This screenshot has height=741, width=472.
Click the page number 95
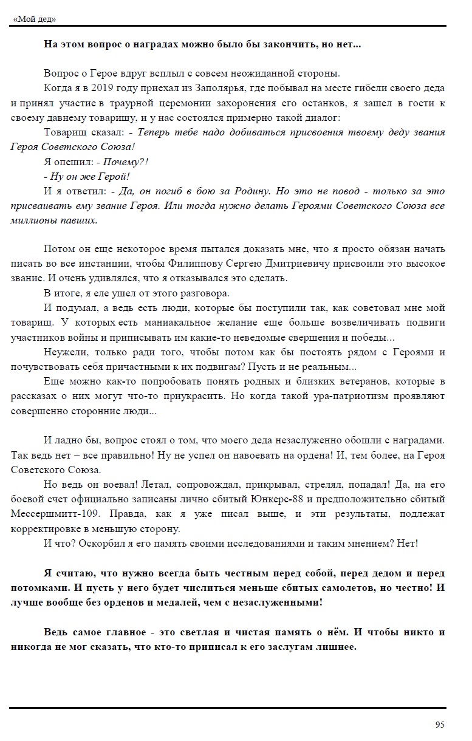tap(440, 725)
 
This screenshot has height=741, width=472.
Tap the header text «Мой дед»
tap(34, 19)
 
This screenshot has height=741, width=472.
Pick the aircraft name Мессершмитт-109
tap(50, 514)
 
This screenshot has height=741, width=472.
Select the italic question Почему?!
tap(126, 162)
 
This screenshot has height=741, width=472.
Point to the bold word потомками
tap(36, 588)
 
